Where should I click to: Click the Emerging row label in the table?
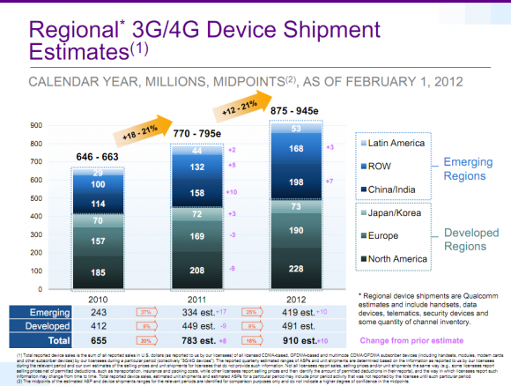click(45, 312)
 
